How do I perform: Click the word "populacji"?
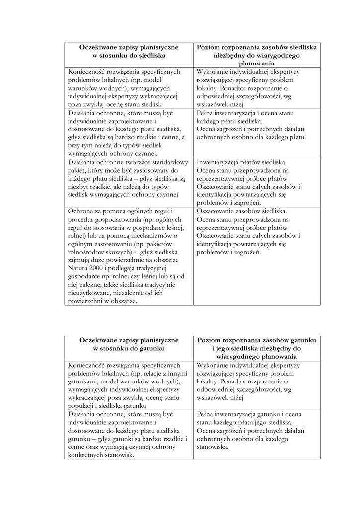click(x=82, y=405)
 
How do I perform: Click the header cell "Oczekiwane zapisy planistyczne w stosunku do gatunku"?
click(x=129, y=344)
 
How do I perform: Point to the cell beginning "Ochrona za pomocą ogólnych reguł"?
click(x=129, y=256)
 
